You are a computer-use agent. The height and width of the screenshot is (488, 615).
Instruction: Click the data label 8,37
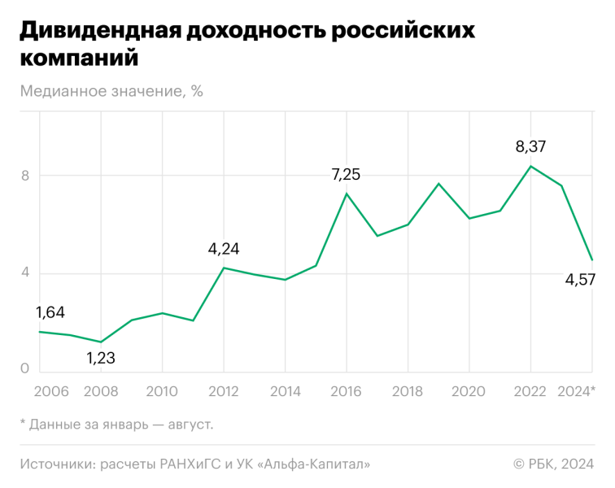[530, 147]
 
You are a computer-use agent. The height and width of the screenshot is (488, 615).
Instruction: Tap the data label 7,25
[346, 174]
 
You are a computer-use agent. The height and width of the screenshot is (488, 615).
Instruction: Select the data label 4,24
[224, 249]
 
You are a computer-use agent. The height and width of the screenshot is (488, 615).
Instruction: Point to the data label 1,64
[50, 312]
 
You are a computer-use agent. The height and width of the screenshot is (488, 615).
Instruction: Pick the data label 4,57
[580, 280]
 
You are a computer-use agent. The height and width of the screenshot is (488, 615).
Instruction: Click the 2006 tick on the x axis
[50, 392]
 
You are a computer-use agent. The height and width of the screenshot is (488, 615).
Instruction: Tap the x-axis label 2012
[224, 392]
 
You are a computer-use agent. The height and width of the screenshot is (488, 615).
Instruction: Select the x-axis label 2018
[407, 392]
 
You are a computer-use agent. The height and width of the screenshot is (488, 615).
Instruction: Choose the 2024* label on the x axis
[575, 392]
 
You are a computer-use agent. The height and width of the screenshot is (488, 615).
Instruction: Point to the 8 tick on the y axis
[24, 176]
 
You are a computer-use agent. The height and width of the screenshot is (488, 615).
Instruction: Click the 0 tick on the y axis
[24, 368]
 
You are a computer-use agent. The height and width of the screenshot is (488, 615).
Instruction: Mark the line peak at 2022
[530, 166]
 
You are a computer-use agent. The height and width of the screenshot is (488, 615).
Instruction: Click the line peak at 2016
[346, 194]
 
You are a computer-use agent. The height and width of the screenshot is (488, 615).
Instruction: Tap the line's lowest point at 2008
[100, 342]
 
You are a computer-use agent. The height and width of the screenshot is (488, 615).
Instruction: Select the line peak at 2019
[438, 184]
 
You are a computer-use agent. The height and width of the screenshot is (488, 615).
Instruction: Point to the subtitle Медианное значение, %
[111, 91]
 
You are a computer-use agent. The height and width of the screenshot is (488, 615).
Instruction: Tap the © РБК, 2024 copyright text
[553, 464]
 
